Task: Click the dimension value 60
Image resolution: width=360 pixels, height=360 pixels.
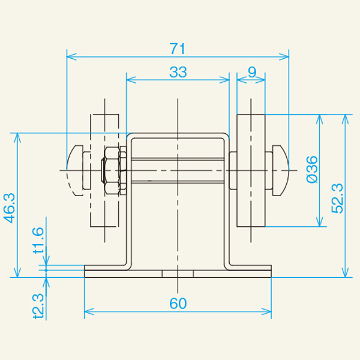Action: point(178,304)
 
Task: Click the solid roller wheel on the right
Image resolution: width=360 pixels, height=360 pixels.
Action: point(251,170)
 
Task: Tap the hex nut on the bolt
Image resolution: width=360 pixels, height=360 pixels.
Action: point(112,170)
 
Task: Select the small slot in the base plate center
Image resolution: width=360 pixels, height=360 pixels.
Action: point(178,273)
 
